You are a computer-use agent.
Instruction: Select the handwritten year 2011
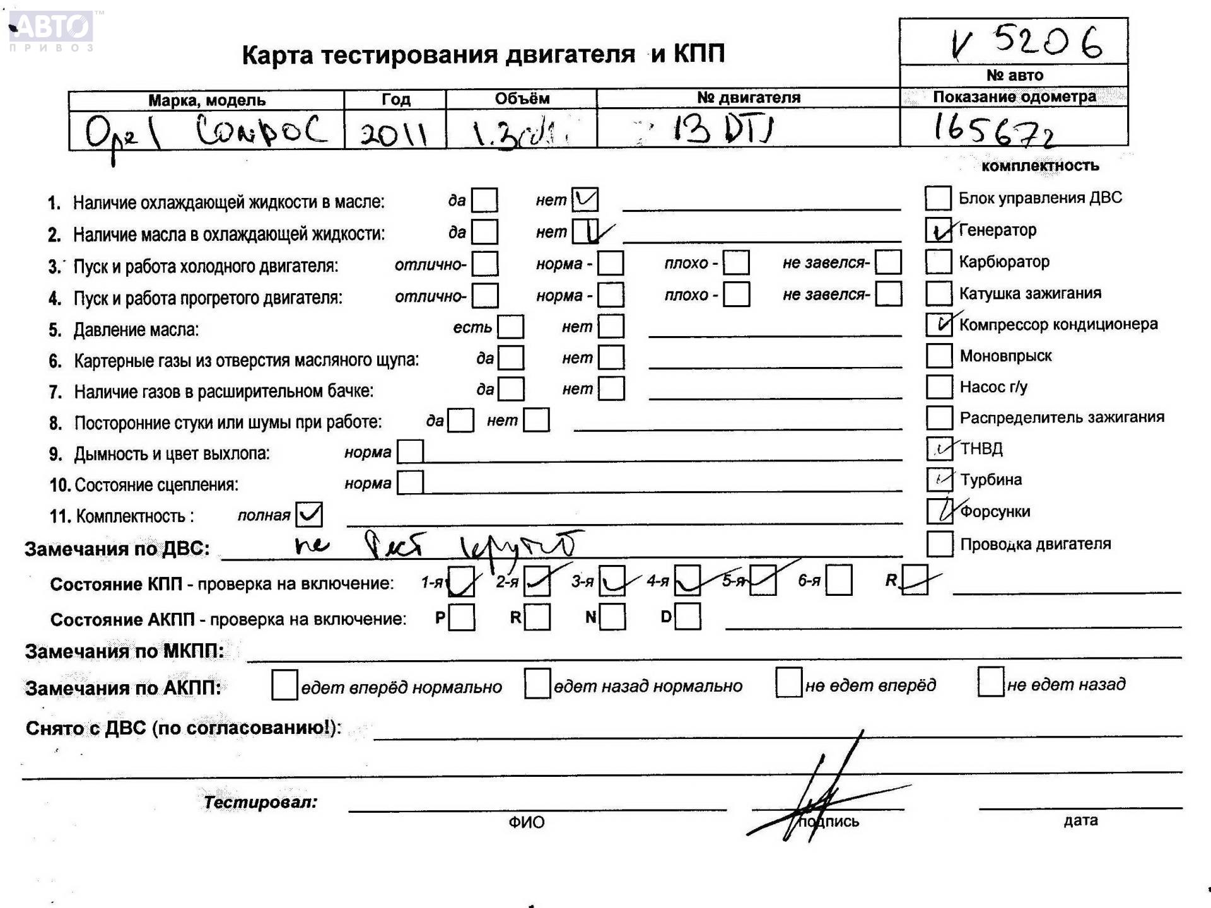click(x=394, y=133)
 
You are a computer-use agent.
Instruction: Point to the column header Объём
click(x=522, y=98)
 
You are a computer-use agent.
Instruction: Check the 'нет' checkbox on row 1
click(x=585, y=200)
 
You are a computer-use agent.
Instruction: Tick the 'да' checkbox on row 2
click(x=484, y=232)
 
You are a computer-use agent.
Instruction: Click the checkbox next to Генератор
click(x=938, y=230)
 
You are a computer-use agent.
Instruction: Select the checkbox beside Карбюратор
click(x=938, y=262)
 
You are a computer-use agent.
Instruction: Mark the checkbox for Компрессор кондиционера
click(x=939, y=324)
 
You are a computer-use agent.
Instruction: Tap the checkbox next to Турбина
click(x=939, y=480)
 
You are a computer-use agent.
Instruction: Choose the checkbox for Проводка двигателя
click(x=939, y=544)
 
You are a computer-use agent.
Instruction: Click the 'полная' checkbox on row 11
click(x=309, y=515)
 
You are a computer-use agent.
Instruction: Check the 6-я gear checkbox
click(x=838, y=580)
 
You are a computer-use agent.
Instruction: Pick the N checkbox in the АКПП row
click(x=612, y=617)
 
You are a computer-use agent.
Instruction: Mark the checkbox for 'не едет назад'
click(x=990, y=683)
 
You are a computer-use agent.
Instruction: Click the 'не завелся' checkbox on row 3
click(x=888, y=262)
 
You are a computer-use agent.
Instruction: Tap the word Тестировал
click(x=260, y=802)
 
